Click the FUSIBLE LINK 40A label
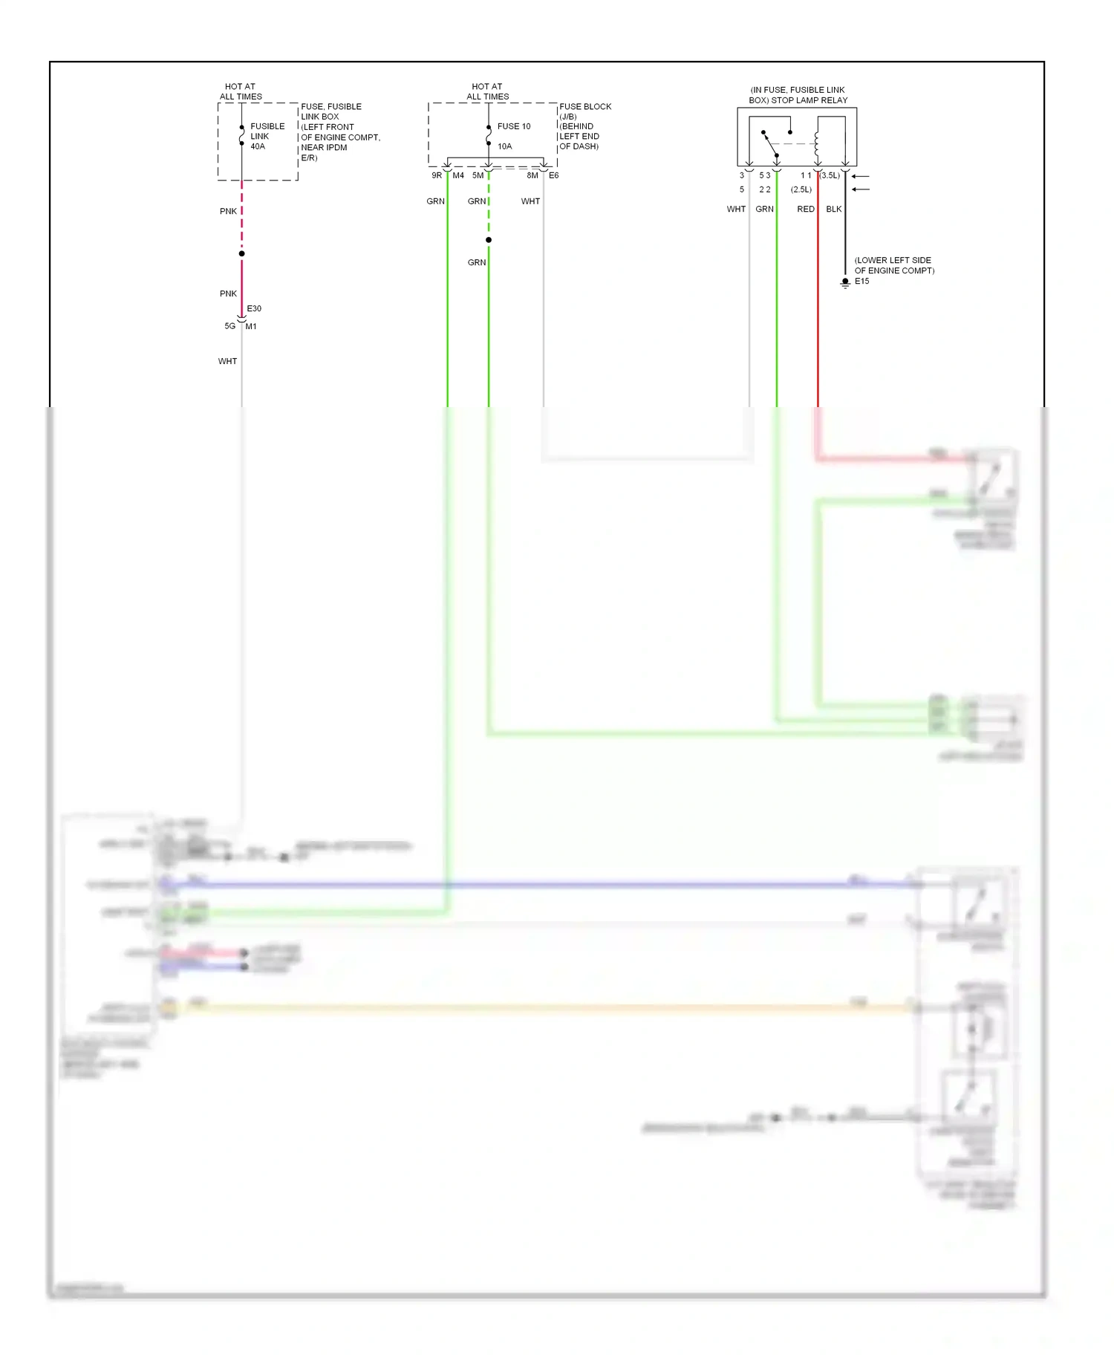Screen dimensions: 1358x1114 point(267,137)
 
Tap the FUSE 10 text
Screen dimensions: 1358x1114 point(514,126)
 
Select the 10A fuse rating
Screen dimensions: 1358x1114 point(505,146)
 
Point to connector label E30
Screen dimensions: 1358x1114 point(254,308)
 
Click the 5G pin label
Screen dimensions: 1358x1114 point(229,326)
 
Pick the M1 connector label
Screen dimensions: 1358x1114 point(252,326)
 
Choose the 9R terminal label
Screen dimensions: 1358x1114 point(437,175)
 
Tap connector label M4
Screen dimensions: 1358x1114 point(458,175)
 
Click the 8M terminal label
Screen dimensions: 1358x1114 point(532,175)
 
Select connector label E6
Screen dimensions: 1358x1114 point(554,175)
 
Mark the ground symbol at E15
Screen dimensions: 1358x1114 point(845,283)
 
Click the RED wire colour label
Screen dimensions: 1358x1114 point(806,209)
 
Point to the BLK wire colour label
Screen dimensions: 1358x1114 point(834,209)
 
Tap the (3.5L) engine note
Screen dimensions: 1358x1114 point(830,175)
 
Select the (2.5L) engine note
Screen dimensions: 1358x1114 point(801,189)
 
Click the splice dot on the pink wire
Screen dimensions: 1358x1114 point(242,254)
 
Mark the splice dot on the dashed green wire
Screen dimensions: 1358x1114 point(489,240)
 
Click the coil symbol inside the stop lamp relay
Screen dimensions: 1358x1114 point(817,143)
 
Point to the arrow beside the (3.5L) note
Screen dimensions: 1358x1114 point(860,176)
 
